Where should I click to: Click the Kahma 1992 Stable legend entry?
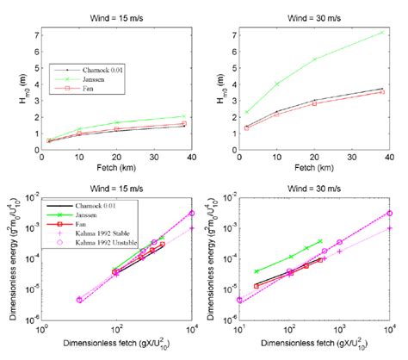[x=94, y=233]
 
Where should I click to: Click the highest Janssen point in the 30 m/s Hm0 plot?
[x=380, y=32]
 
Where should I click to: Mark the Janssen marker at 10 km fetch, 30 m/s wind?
[x=276, y=84]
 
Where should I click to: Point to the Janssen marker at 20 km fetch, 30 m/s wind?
[x=314, y=59]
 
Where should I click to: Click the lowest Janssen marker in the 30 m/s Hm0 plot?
[x=247, y=112]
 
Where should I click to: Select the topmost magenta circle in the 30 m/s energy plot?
[x=389, y=213]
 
